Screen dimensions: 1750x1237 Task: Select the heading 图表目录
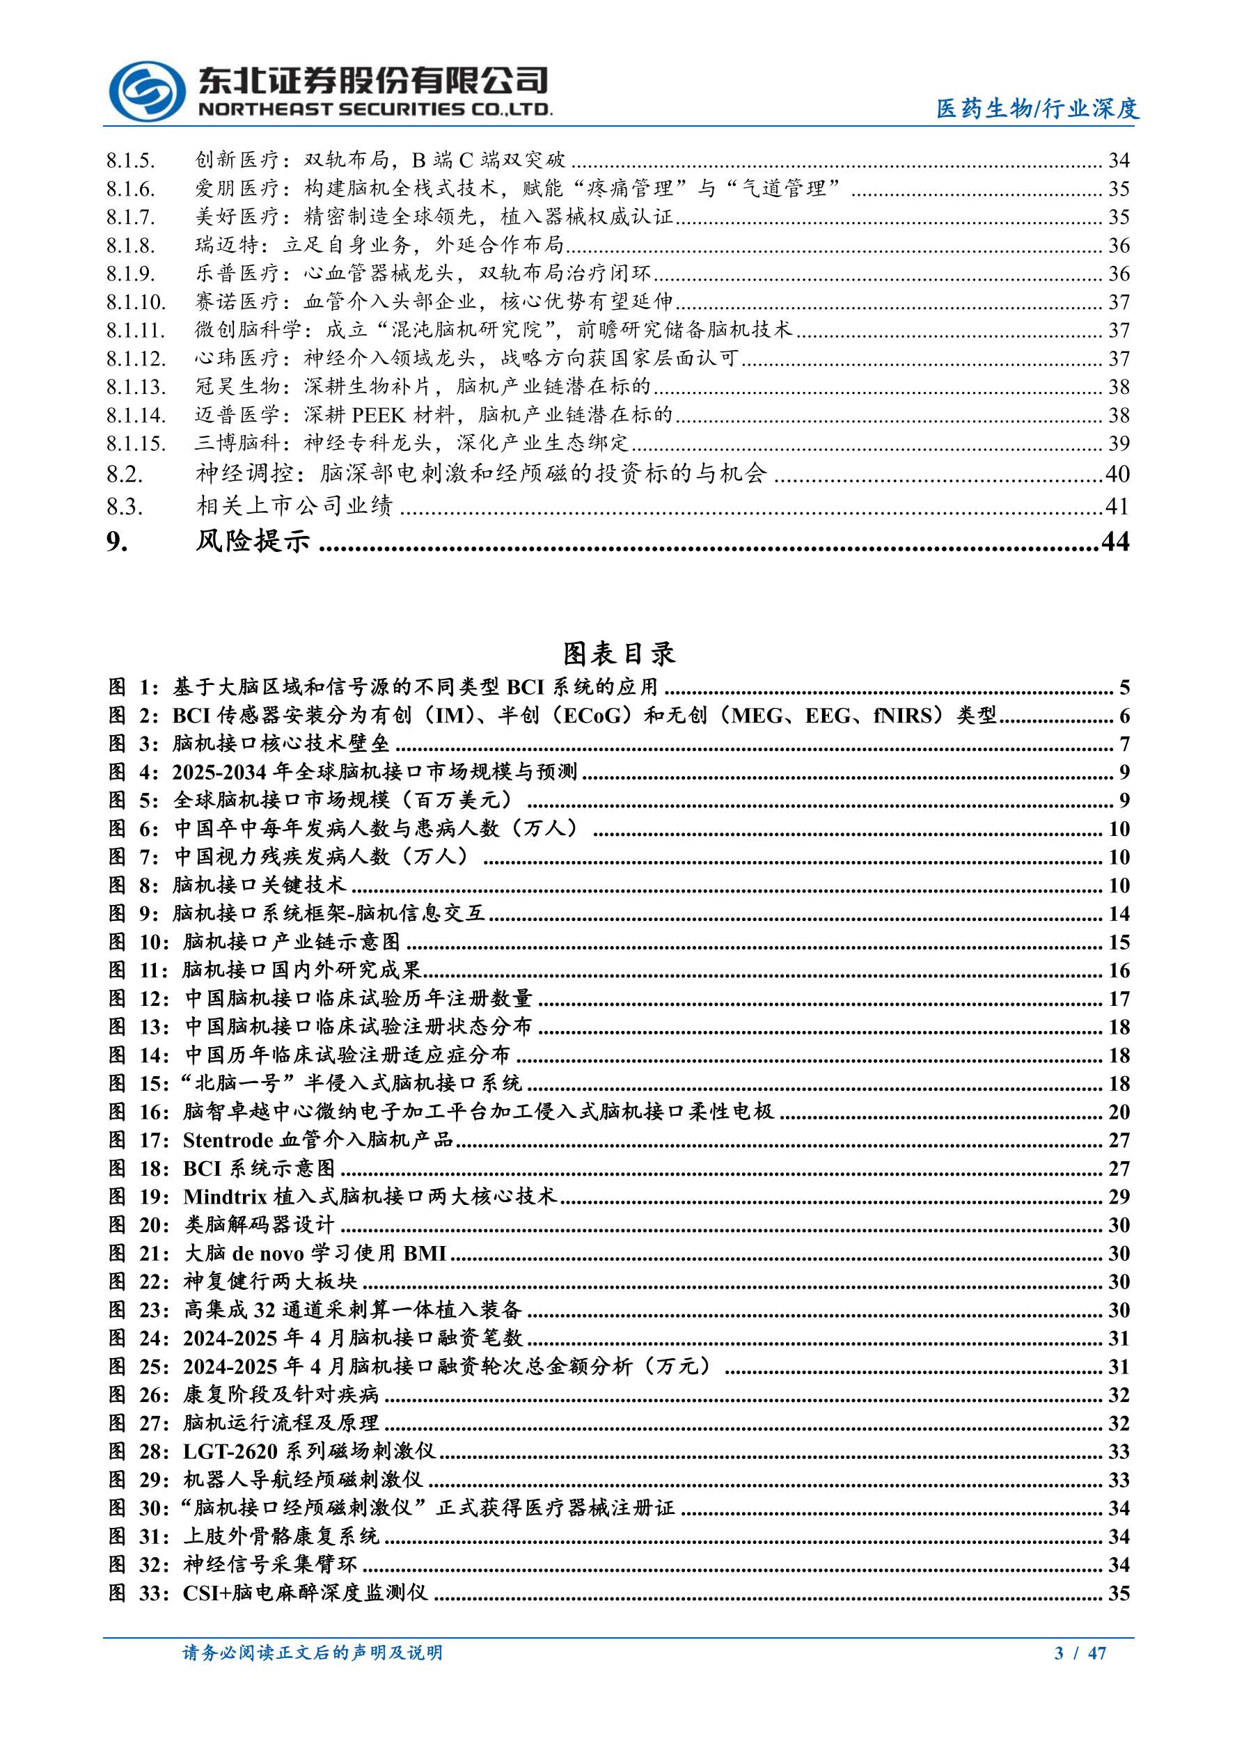(619, 653)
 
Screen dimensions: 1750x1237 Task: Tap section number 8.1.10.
(136, 303)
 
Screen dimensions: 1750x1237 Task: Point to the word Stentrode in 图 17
(228, 1140)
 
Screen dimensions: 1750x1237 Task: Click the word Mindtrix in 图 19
(225, 1197)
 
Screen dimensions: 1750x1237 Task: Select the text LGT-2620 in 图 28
(230, 1451)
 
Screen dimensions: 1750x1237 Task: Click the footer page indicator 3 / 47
(1080, 1653)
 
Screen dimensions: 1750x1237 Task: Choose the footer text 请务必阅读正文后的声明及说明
(313, 1653)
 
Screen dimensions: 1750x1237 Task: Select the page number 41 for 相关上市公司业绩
(1117, 506)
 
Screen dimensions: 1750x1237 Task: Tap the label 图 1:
(134, 688)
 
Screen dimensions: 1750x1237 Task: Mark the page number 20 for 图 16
(1118, 1112)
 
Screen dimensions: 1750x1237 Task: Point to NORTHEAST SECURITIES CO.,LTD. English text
(375, 110)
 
